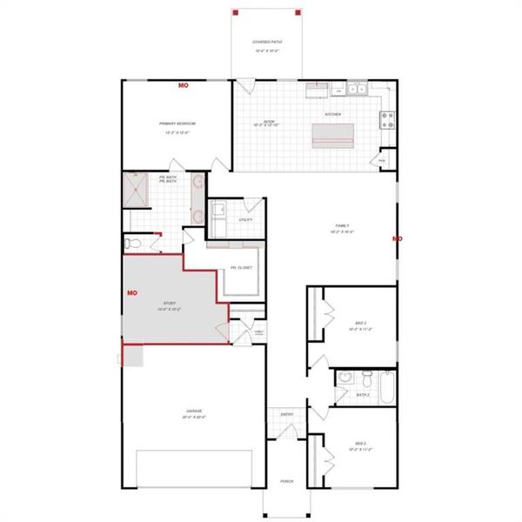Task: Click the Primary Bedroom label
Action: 177,124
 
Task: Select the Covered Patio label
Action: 266,43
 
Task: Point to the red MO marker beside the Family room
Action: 398,238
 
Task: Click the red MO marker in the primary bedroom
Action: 184,85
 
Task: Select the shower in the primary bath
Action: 137,188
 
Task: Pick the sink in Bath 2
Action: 345,378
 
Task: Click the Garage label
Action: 193,411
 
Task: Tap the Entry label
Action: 285,414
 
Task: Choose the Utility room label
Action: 246,219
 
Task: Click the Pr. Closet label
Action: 241,268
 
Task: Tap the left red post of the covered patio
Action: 235,14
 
